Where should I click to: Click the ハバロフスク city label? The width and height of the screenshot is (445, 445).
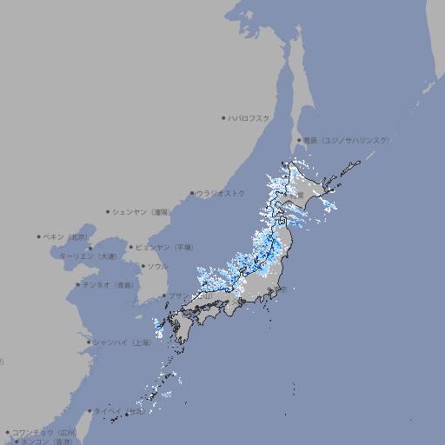(x=249, y=118)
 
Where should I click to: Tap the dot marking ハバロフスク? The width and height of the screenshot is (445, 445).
(x=223, y=118)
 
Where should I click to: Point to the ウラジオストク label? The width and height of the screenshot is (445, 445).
(x=222, y=193)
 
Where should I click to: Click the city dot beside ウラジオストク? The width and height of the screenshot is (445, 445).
(x=192, y=194)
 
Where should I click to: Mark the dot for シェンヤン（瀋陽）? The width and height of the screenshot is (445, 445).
(x=109, y=211)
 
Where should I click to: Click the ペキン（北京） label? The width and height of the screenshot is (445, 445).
(x=66, y=236)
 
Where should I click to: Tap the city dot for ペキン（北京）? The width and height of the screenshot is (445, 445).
(x=39, y=236)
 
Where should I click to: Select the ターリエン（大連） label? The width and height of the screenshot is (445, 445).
(x=88, y=256)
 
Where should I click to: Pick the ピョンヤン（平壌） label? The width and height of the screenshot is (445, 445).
(x=164, y=247)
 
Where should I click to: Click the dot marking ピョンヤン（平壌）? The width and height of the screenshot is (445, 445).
(x=132, y=247)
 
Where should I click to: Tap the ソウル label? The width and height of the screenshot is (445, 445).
(x=157, y=266)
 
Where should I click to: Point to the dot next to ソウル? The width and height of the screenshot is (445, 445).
(x=142, y=266)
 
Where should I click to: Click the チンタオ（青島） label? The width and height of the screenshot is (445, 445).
(x=109, y=284)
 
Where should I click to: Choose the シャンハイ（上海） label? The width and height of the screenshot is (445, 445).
(x=122, y=342)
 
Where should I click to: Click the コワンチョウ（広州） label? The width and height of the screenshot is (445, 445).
(x=43, y=432)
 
